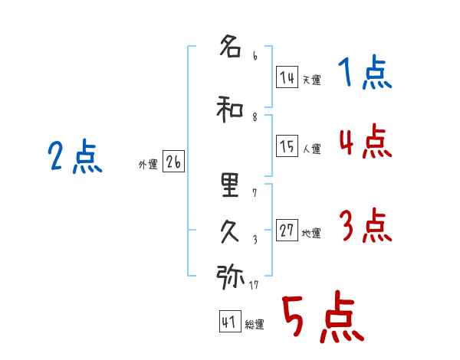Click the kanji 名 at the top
[230, 46]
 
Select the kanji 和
[230, 109]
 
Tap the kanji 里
[230, 185]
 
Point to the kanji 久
[230, 231]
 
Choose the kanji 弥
[230, 277]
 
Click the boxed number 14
[287, 77]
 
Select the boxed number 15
[287, 146]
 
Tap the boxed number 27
[287, 230]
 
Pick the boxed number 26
[173, 162]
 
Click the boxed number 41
[230, 321]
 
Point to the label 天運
[311, 80]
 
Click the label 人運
[311, 149]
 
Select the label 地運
[311, 234]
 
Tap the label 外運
[148, 165]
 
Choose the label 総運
[255, 325]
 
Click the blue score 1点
[365, 72]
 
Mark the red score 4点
[366, 141]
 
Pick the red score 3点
[366, 225]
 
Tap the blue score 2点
[75, 156]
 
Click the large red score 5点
[323, 316]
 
